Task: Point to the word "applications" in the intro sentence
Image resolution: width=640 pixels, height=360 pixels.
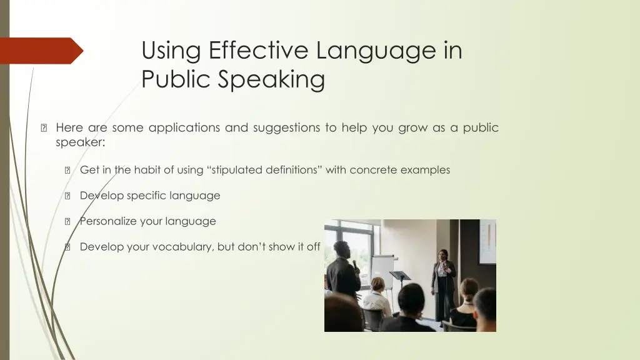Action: click(182, 127)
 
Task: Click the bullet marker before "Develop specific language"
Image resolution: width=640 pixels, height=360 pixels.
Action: click(67, 196)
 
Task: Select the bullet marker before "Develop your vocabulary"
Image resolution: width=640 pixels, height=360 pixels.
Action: click(67, 247)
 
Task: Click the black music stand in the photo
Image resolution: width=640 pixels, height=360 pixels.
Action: click(401, 276)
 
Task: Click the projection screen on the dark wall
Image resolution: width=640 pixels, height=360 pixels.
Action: click(487, 242)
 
